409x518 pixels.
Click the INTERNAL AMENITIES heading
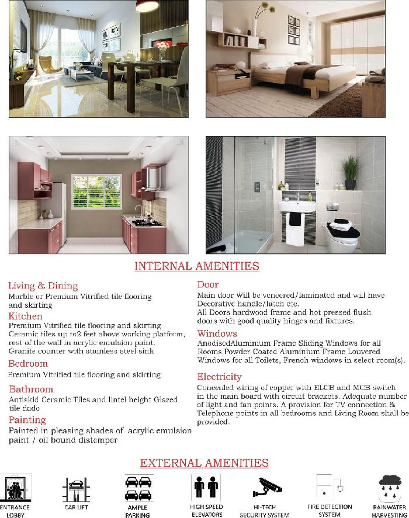pyautogui.click(x=197, y=266)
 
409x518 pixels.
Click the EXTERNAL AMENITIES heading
pyautogui.click(x=204, y=463)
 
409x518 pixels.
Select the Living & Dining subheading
pyautogui.click(x=43, y=286)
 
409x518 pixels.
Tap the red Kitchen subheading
pyautogui.click(x=25, y=316)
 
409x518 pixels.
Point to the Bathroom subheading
pyautogui.click(x=31, y=389)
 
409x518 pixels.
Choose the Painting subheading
pyautogui.click(x=27, y=420)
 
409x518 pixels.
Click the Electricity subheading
pyautogui.click(x=219, y=377)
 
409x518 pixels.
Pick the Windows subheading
pyautogui.click(x=217, y=333)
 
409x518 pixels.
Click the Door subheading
pyautogui.click(x=207, y=284)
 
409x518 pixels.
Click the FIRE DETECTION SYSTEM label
pyautogui.click(x=330, y=510)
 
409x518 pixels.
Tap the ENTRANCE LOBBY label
pyautogui.click(x=15, y=512)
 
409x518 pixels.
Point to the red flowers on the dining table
pyautogui.click(x=162, y=45)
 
